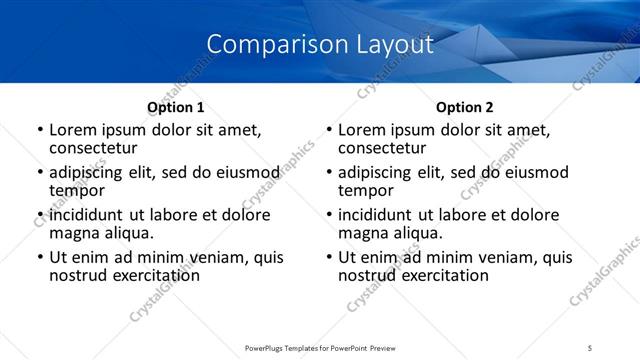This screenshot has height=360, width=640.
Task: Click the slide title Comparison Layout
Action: pyautogui.click(x=320, y=45)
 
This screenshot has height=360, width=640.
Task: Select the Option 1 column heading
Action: pyautogui.click(x=176, y=107)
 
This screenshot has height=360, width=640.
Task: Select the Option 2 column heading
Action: pyautogui.click(x=465, y=107)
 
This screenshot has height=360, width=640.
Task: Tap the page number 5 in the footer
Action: pyautogui.click(x=590, y=347)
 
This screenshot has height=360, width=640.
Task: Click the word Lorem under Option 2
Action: pyautogui.click(x=361, y=130)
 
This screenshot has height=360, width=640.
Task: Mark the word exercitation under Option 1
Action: pyautogui.click(x=152, y=275)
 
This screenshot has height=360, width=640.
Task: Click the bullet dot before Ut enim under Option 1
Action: pyautogui.click(x=39, y=258)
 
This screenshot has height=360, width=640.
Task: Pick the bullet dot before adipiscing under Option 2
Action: pyautogui.click(x=328, y=173)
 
